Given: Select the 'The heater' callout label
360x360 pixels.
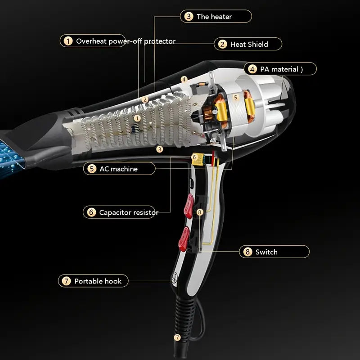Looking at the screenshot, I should pyautogui.click(x=214, y=17).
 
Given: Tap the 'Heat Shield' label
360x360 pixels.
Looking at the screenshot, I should pyautogui.click(x=249, y=44).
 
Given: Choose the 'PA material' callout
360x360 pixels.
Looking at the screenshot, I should pyautogui.click(x=279, y=69).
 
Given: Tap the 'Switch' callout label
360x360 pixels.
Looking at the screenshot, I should pyautogui.click(x=266, y=252).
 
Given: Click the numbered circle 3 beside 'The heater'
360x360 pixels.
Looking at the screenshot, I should pyautogui.click(x=189, y=17).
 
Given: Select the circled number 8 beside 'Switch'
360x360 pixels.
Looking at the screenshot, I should pyautogui.click(x=247, y=252).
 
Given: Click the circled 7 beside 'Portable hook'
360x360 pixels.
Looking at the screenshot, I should pyautogui.click(x=66, y=281).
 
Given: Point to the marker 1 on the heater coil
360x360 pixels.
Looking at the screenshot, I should pyautogui.click(x=138, y=117).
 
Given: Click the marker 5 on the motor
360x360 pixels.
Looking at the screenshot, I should pyautogui.click(x=234, y=97).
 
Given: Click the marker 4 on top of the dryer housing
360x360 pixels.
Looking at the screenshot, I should pyautogui.click(x=184, y=79).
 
